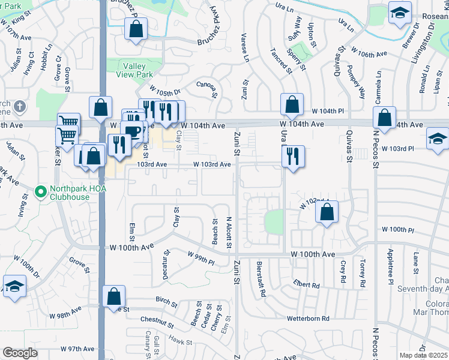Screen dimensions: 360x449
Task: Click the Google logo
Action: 20,353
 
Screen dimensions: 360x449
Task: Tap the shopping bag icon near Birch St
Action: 113,296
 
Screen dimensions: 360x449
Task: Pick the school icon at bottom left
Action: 14,287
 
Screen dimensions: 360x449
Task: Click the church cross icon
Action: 20,107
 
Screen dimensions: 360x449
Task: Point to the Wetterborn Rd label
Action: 308,319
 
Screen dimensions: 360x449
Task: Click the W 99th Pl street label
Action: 200,259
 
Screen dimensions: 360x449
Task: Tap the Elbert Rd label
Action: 307,286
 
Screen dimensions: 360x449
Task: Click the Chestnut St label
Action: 157,323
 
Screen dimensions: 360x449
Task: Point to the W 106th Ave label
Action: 369,53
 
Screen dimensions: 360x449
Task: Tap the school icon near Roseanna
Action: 399,14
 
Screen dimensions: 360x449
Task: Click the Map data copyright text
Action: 424,355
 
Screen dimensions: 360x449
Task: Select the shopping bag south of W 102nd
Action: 327,212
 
